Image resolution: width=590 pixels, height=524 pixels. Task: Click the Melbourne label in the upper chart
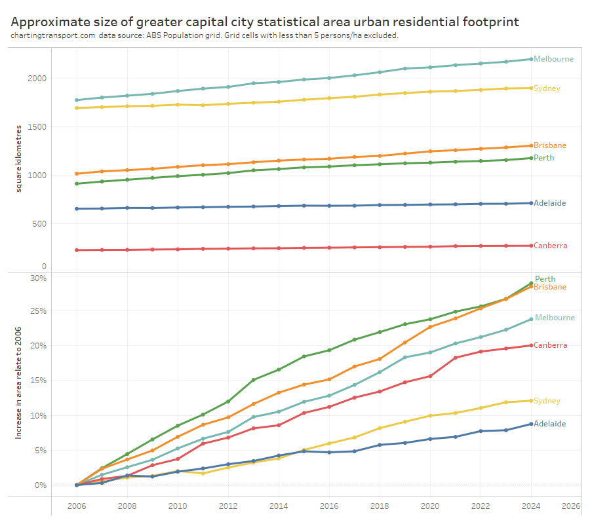coord(553,59)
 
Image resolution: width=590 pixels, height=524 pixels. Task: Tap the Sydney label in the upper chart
coord(547,88)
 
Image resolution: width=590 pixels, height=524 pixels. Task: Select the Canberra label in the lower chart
coord(551,345)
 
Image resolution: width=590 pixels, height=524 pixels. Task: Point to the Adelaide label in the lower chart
coord(550,424)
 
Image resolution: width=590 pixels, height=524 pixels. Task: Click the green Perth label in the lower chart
coord(545,279)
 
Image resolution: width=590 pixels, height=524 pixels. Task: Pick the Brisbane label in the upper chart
coord(550,145)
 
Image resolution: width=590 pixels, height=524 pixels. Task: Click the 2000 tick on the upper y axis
coord(37,79)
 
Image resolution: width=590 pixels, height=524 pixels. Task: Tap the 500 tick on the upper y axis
coord(39,224)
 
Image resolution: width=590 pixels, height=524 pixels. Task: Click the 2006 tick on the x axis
coord(77,506)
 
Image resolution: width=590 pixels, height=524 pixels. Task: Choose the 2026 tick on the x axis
coord(571,506)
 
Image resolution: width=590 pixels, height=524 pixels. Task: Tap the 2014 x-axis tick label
coord(278,506)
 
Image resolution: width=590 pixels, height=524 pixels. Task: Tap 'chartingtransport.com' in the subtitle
coord(52,35)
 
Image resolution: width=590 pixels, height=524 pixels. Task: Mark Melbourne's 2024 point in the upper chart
coord(530,59)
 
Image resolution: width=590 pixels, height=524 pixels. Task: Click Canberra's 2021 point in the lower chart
coord(456,358)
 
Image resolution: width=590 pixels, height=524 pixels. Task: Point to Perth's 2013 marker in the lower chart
coord(254,380)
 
